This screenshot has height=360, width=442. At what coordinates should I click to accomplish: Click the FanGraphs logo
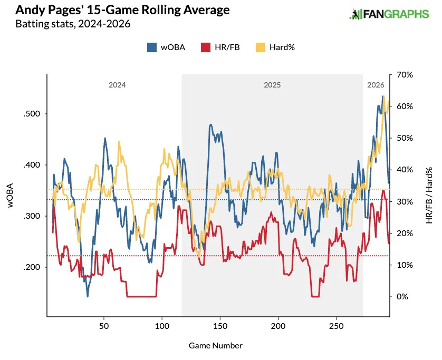(389, 14)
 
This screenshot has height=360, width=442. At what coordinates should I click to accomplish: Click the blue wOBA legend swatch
(152, 47)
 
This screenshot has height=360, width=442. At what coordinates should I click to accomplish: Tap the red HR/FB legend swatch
(206, 47)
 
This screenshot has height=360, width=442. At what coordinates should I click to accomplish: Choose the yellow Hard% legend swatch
(261, 47)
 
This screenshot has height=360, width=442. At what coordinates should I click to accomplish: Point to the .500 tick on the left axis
(32, 114)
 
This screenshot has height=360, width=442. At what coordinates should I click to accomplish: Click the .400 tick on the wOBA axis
(32, 165)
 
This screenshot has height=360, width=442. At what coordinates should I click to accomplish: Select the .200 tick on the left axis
(32, 267)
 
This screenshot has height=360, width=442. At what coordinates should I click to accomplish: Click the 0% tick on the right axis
(402, 297)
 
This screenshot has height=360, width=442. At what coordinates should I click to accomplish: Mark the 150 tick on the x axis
(220, 327)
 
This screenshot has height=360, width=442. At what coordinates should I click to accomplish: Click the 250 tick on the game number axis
(337, 327)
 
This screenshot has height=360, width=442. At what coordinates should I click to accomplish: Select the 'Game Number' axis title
(215, 346)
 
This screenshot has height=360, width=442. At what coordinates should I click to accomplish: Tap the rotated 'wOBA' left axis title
(11, 196)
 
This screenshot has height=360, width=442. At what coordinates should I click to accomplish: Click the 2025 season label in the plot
(272, 85)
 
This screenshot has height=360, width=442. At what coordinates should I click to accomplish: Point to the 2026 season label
(376, 85)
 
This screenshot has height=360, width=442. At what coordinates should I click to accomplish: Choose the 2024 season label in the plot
(117, 85)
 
